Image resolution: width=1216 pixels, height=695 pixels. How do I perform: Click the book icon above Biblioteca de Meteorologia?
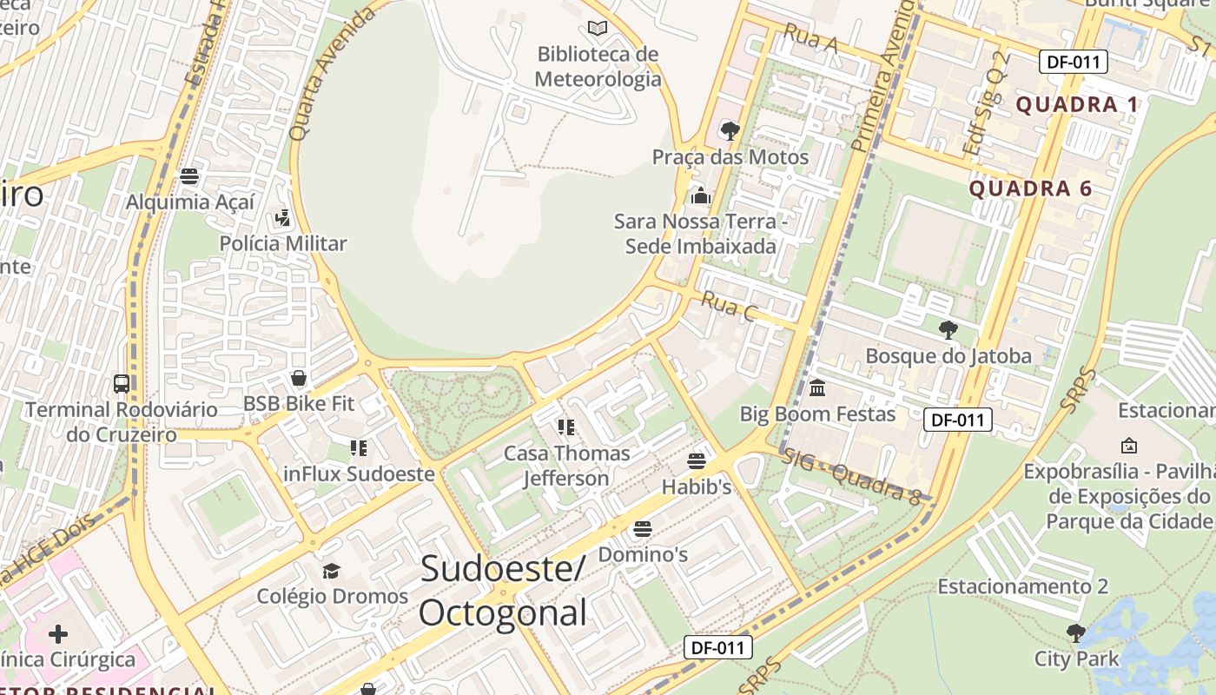(598, 28)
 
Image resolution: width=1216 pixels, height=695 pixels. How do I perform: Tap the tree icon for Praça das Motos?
(730, 131)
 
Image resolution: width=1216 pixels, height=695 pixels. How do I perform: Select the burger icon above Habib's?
(697, 460)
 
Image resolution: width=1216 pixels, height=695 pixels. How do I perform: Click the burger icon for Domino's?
(643, 528)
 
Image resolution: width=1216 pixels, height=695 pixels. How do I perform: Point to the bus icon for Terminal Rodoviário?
(122, 383)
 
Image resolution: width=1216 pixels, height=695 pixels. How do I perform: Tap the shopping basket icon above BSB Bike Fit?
(299, 378)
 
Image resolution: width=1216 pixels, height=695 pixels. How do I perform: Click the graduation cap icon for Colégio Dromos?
(331, 571)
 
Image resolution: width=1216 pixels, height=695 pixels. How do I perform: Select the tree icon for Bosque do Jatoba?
(948, 330)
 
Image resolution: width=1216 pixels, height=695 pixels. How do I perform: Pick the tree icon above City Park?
(1076, 632)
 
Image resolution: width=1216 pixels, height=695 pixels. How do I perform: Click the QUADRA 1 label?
(1076, 105)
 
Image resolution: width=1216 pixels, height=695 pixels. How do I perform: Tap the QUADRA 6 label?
(1030, 189)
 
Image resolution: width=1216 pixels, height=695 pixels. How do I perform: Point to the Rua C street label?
(728, 307)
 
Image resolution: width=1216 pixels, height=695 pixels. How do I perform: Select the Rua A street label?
(810, 39)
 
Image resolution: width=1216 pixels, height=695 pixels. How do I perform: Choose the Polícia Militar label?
(282, 243)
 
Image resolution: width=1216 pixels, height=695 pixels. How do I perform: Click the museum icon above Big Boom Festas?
(816, 387)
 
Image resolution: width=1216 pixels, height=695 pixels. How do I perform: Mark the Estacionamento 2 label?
(1022, 586)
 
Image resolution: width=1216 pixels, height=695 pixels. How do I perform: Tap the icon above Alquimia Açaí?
(189, 176)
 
